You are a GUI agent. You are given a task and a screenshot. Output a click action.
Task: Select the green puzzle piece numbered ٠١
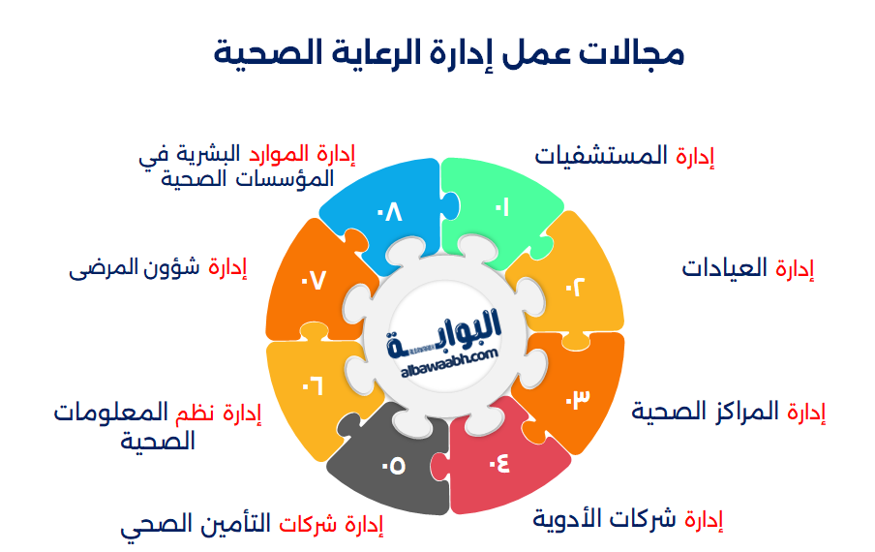[x=499, y=207]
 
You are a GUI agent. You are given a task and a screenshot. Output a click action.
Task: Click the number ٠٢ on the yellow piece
[x=575, y=288]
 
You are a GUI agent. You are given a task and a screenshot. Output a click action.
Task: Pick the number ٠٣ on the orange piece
[x=577, y=398]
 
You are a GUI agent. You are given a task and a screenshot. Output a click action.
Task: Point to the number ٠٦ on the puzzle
[x=312, y=386]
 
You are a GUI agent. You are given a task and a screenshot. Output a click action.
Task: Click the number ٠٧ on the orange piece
[x=314, y=280]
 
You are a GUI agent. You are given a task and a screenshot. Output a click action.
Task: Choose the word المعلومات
[x=111, y=413]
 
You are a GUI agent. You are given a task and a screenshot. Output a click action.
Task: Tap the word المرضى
[x=102, y=268]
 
